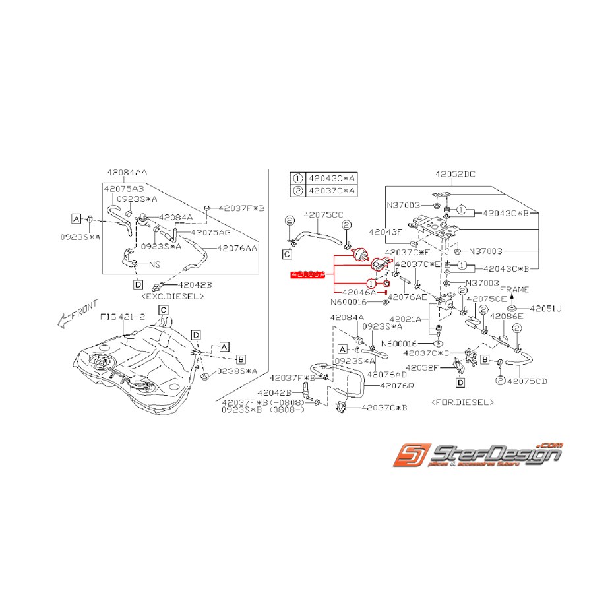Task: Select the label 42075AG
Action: [x=210, y=232]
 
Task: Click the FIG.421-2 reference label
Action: [x=122, y=317]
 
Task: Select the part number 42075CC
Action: [x=323, y=214]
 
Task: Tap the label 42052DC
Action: [x=455, y=175]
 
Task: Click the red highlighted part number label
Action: [x=308, y=274]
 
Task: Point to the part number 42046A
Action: [x=357, y=292]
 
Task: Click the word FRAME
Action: [x=513, y=290]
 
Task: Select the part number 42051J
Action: [x=543, y=308]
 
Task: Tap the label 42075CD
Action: [x=529, y=381]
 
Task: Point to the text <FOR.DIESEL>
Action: [x=462, y=401]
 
